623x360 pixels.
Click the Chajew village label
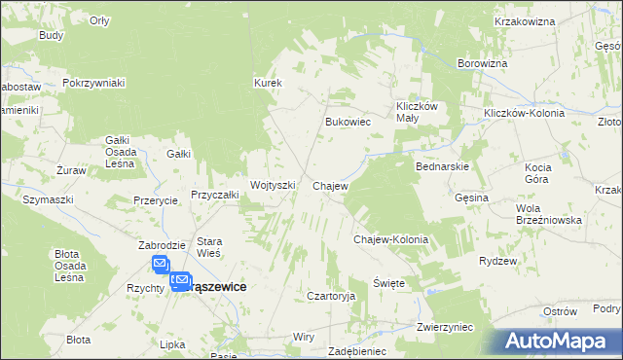[330, 185]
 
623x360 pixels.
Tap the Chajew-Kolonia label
[390, 238]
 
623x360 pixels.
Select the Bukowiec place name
[348, 123]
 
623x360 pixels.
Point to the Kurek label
[268, 83]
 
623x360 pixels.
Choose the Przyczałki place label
[215, 195]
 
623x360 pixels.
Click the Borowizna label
[483, 63]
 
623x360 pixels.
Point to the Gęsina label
[471, 198]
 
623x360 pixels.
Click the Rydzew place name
[497, 261]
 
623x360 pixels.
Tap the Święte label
[388, 282]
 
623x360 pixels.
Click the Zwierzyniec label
[444, 328]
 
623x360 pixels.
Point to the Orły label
[99, 20]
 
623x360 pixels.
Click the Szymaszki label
[49, 198]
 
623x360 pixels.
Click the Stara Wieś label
[210, 247]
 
